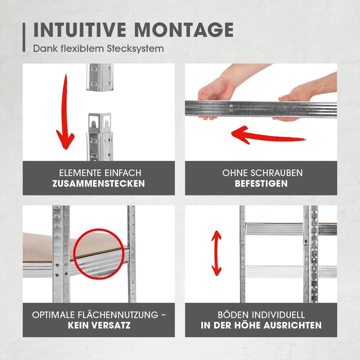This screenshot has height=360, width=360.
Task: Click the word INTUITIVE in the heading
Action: click(x=80, y=30)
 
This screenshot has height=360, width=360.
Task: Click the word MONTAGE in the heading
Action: click(x=184, y=30)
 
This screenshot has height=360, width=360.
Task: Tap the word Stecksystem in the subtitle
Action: click(x=135, y=49)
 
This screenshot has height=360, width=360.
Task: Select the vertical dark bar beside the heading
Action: click(x=24, y=37)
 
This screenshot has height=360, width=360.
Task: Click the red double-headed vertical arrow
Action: click(x=216, y=253)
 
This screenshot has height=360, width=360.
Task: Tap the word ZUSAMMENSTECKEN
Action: click(x=99, y=184)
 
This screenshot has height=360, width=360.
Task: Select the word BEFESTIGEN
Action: click(x=261, y=184)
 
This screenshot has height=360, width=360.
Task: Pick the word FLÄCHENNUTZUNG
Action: click(x=118, y=315)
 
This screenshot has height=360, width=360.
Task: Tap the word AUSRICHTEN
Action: click(x=292, y=325)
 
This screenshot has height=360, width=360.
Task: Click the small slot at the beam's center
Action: click(x=231, y=108)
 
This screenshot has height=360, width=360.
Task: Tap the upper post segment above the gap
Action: click(x=100, y=77)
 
